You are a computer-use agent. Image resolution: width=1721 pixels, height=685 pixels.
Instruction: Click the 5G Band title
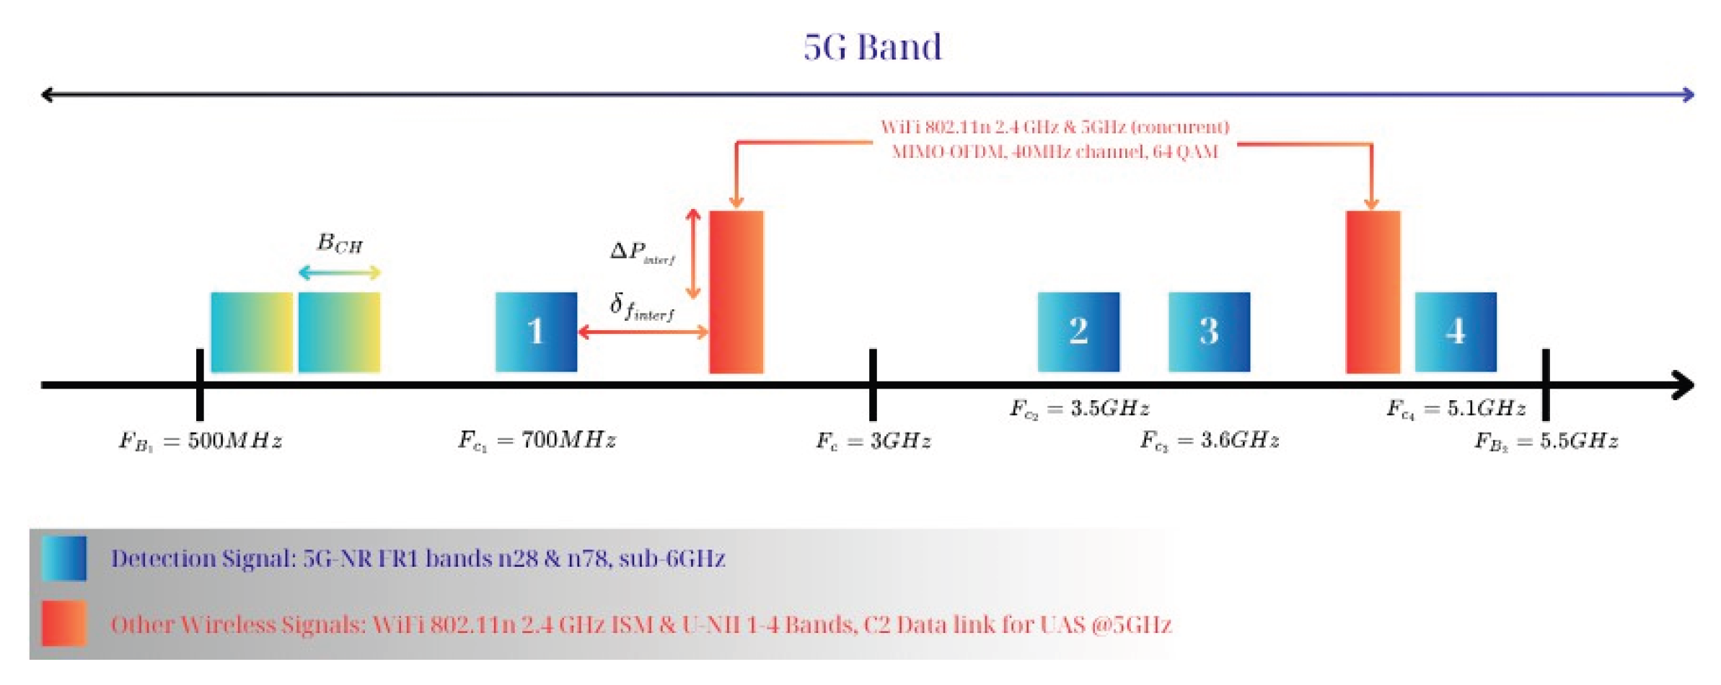pos(872,48)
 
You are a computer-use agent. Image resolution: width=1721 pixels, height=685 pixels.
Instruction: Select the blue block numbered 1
pos(536,332)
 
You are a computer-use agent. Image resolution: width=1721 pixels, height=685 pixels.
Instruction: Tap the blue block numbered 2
pos(1078,332)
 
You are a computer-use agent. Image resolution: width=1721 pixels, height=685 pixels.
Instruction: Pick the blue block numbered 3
pos(1209,332)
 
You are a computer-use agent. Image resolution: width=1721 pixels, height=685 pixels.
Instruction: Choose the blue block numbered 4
pos(1455,332)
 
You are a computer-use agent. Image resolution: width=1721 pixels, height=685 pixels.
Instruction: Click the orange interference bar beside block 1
pos(736,292)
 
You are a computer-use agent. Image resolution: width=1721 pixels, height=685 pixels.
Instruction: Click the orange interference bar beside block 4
pos(1373,292)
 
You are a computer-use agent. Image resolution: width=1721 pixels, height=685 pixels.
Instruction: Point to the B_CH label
pos(340,243)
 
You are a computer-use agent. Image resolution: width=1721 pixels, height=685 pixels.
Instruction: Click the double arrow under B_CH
pos(339,273)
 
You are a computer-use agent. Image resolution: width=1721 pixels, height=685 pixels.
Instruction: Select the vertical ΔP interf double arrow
pos(693,254)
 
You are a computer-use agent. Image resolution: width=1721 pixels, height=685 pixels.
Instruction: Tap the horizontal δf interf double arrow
pos(643,332)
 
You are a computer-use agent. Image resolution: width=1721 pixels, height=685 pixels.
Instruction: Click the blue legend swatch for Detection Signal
pos(64,558)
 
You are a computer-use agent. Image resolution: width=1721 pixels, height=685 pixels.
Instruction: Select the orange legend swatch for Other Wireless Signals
pos(64,623)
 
